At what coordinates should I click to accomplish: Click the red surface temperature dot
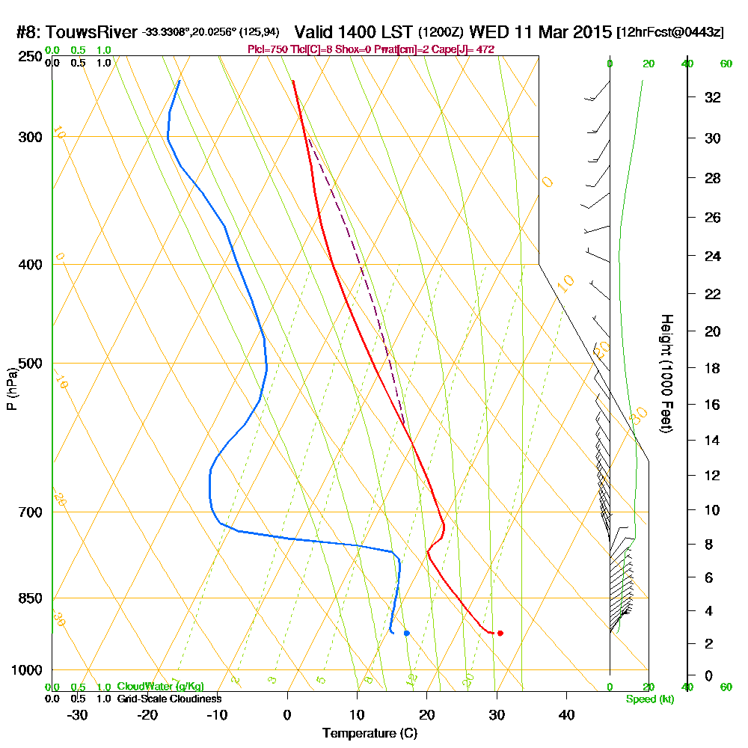[x=500, y=633]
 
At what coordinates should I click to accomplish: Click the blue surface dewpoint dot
[x=406, y=633]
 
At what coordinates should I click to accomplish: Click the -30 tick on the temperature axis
[x=78, y=715]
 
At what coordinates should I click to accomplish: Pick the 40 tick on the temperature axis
[x=566, y=715]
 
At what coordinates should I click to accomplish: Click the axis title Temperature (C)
[x=370, y=734]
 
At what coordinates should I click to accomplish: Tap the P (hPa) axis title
[x=11, y=389]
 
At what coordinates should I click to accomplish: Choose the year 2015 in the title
[x=591, y=33]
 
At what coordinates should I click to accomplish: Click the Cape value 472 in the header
[x=485, y=49]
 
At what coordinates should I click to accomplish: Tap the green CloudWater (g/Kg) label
[x=160, y=687]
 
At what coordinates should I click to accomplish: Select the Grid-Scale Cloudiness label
[x=168, y=699]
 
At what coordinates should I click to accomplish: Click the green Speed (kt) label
[x=648, y=699]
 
